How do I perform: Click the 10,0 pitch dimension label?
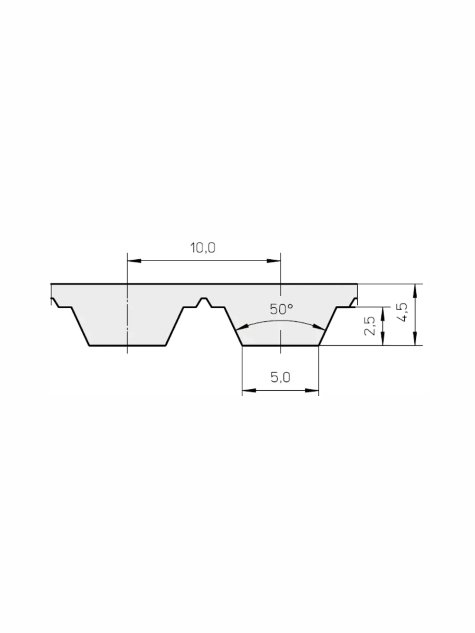[x=203, y=248]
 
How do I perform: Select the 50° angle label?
[x=281, y=309]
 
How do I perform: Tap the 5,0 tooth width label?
[x=280, y=377]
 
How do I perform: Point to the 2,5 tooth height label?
[x=370, y=326]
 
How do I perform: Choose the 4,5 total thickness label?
[x=402, y=312]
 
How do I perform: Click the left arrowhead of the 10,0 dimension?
[x=134, y=261]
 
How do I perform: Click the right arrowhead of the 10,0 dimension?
[x=274, y=261]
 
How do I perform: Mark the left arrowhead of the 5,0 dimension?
[x=249, y=390]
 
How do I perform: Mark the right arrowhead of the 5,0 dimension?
[x=312, y=390]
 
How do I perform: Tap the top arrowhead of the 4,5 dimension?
[x=415, y=291]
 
